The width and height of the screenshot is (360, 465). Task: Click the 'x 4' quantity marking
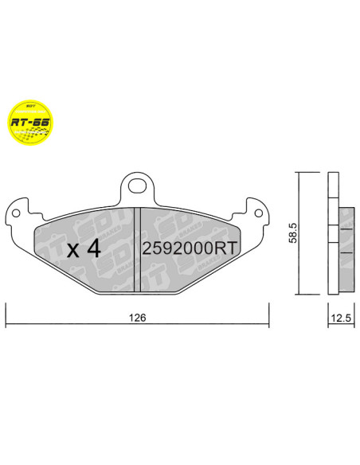(x=83, y=249)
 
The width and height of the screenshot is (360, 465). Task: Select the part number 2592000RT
(x=189, y=248)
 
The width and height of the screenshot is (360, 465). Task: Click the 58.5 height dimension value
(x=292, y=233)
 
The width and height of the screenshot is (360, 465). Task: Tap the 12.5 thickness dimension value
(x=340, y=317)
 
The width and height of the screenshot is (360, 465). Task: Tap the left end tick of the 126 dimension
(x=6, y=318)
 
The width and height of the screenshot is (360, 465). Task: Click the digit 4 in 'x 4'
(x=92, y=248)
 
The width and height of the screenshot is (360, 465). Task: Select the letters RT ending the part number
(x=226, y=248)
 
